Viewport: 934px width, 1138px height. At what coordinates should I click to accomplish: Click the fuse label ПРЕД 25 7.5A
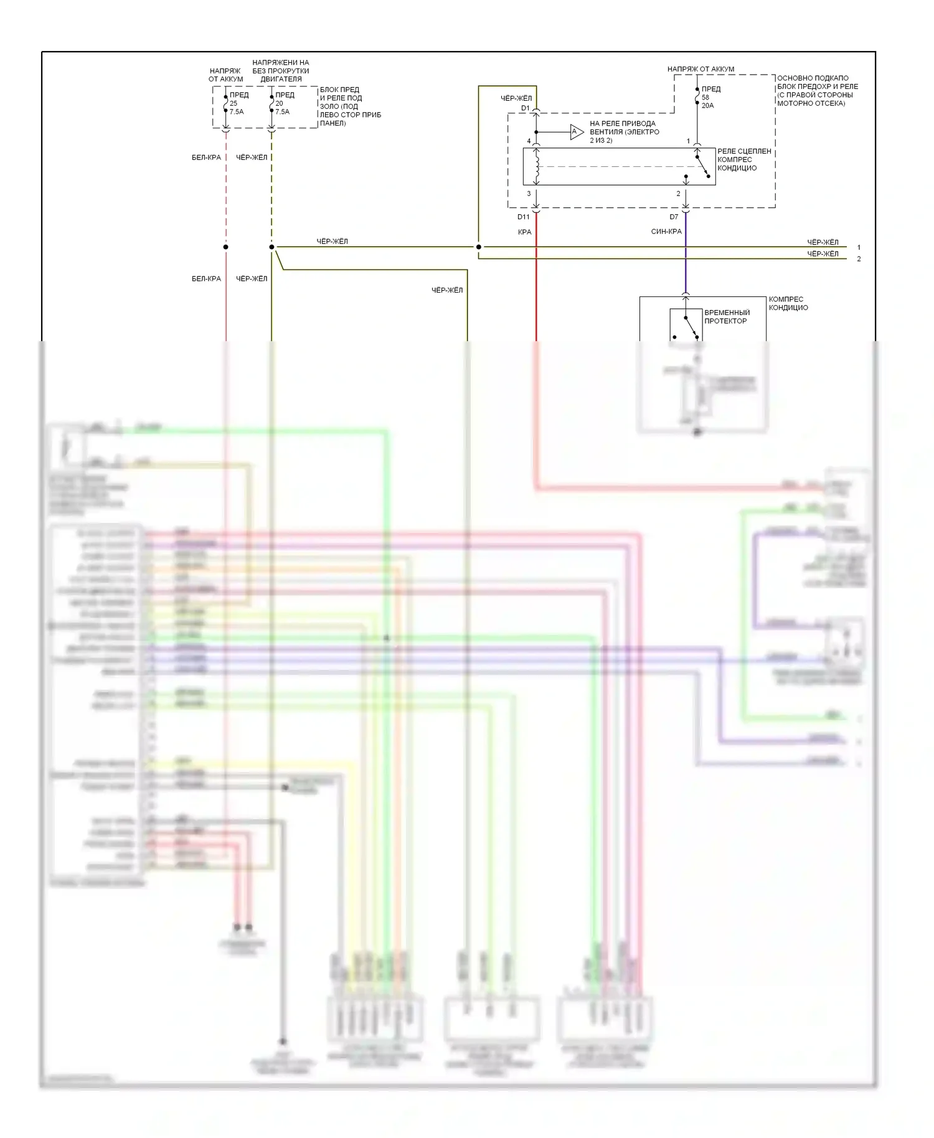click(x=237, y=103)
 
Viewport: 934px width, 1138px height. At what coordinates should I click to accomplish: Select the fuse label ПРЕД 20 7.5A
click(x=283, y=103)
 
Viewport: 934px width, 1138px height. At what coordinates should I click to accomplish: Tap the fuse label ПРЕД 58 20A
click(x=709, y=97)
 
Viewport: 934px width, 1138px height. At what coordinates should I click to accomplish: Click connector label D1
click(x=525, y=108)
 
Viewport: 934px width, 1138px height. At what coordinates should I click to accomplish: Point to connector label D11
click(x=523, y=217)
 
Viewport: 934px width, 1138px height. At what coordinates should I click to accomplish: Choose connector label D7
click(x=674, y=217)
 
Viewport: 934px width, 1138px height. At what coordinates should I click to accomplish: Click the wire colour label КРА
click(x=524, y=232)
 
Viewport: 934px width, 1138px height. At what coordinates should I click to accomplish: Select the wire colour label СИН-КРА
click(x=666, y=232)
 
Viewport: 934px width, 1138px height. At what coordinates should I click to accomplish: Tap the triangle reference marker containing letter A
click(x=576, y=131)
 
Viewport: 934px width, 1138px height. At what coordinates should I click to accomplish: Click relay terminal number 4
click(x=529, y=141)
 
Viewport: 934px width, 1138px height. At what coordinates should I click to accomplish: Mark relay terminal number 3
click(x=529, y=194)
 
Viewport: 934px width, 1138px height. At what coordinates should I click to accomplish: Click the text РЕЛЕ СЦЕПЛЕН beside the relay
click(x=744, y=151)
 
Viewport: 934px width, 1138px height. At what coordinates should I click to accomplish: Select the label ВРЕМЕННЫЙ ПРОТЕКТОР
click(x=727, y=317)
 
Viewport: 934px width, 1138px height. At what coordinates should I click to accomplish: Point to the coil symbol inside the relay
click(x=537, y=166)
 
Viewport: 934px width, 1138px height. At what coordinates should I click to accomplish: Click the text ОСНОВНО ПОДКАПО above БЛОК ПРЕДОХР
click(x=813, y=78)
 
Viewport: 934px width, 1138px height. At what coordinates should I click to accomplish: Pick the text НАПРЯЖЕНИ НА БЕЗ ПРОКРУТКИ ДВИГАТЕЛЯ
click(x=281, y=71)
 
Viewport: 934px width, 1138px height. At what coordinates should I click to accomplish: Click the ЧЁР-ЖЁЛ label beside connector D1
click(x=516, y=98)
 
